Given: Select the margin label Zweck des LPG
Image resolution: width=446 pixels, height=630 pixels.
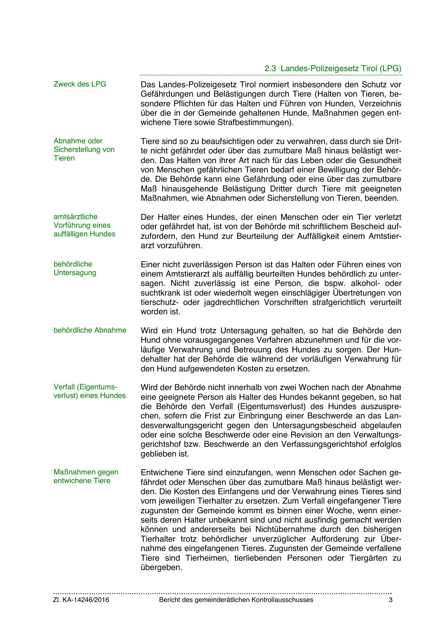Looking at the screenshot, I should point(80,84).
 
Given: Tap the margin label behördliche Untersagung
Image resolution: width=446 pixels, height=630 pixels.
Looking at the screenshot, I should point(75,268).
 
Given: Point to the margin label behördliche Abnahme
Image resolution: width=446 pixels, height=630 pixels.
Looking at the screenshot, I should point(90,330).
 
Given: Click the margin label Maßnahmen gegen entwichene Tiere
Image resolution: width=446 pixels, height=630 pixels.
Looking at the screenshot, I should point(86,476).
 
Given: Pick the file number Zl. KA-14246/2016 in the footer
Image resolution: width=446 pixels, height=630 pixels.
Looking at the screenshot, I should point(81,600).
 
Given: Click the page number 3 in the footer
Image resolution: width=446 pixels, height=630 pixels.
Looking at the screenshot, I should point(391,600).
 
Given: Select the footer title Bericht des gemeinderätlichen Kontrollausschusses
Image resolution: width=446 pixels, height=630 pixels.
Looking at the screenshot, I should point(236,600).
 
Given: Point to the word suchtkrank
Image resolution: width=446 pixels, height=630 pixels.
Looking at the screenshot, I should point(158,293).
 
